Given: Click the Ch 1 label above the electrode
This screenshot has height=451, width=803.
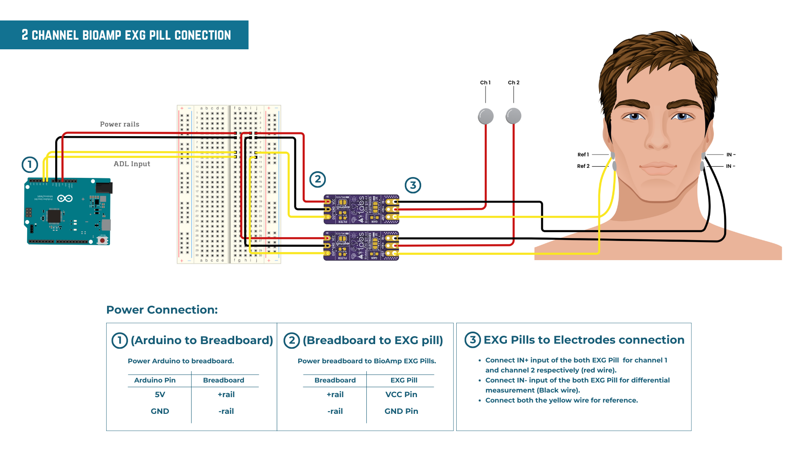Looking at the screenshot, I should [485, 83].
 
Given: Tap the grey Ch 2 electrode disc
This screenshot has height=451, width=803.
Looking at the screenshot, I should [513, 116].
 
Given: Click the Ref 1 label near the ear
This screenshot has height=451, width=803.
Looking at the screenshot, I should [583, 155].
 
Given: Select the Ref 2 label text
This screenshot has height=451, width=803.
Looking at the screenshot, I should [583, 166].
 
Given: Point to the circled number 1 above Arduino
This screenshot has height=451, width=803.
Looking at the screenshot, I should [30, 165].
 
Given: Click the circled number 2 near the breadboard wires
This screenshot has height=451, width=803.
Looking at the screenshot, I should [317, 180].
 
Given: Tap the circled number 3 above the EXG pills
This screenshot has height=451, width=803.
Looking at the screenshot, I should [413, 185].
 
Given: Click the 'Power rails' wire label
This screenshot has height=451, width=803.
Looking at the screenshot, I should [120, 124].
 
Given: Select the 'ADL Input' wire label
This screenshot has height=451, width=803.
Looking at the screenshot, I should [132, 164].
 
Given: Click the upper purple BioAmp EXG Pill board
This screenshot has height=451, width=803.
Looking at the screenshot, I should [361, 209].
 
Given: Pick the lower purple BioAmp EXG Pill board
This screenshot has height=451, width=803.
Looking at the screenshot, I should [361, 246].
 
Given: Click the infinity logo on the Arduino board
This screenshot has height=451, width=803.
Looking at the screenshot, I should [65, 198].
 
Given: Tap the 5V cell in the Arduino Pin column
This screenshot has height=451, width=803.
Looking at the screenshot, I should [160, 395].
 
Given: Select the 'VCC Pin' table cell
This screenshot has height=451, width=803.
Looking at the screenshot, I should [401, 395].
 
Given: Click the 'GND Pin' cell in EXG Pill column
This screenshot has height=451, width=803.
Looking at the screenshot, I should [401, 411].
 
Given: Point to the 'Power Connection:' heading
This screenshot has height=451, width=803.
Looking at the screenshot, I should [162, 310].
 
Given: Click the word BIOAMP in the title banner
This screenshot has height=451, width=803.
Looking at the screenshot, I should [102, 35].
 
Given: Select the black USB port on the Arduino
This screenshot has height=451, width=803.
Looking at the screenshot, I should [104, 187].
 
